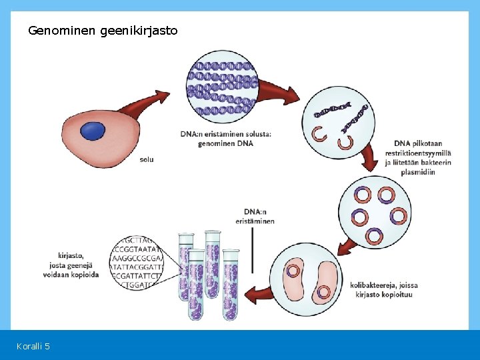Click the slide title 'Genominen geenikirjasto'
pyautogui.click(x=103, y=31)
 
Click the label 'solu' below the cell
pyautogui.click(x=147, y=160)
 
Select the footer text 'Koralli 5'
pyautogui.click(x=33, y=346)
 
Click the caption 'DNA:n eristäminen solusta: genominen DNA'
pyautogui.click(x=225, y=139)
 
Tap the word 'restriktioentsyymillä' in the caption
pyautogui.click(x=417, y=153)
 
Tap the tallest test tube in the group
pyautogui.click(x=213, y=273)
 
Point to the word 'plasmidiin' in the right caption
pyautogui.click(x=417, y=172)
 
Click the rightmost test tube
pyautogui.click(x=231, y=283)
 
